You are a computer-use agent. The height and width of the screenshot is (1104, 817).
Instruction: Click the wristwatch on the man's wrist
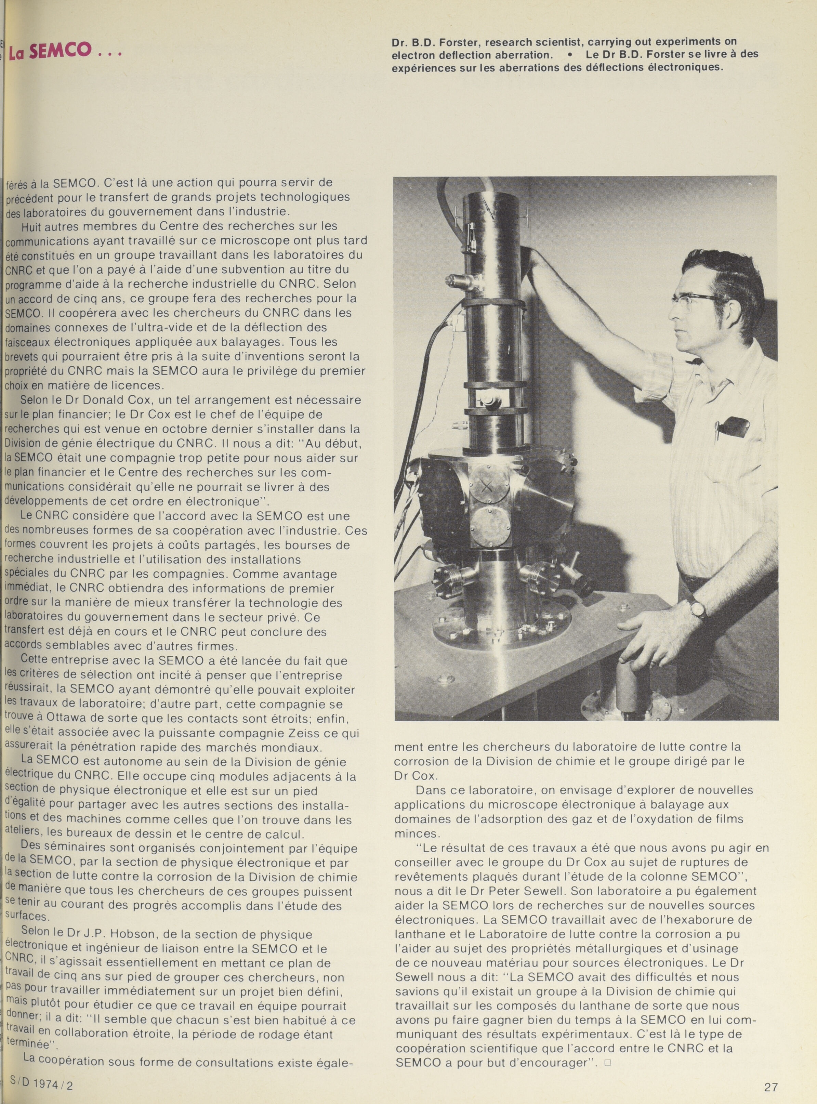[x=698, y=609]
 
